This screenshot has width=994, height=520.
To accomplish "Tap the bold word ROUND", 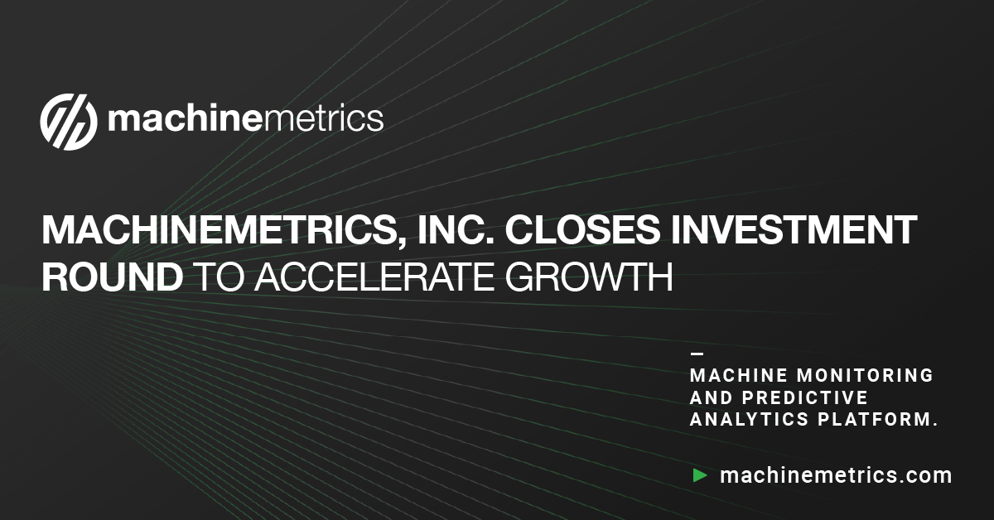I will (x=113, y=277).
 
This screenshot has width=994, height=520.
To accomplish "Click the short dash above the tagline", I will (x=696, y=354).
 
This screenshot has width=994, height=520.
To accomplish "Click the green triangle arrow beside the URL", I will (x=700, y=475).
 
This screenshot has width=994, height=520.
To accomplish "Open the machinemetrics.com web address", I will (x=836, y=475).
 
